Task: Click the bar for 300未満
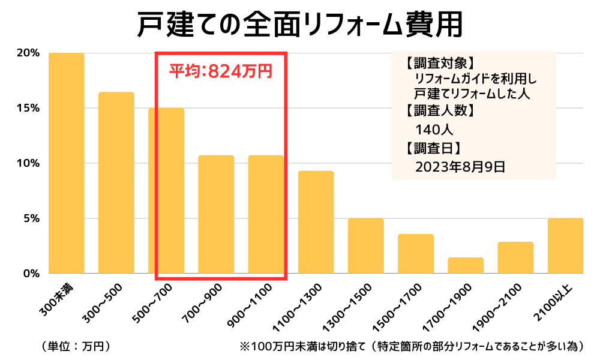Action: pyautogui.click(x=67, y=163)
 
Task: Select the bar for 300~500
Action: pyautogui.click(x=116, y=183)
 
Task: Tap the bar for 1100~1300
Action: pyautogui.click(x=316, y=223)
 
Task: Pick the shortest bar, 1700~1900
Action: pyautogui.click(x=465, y=266)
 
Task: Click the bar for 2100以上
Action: pyautogui.click(x=565, y=246)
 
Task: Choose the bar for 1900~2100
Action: pyautogui.click(x=515, y=258)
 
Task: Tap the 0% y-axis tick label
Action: pyautogui.click(x=31, y=274)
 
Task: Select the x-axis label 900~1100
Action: pyautogui.click(x=252, y=306)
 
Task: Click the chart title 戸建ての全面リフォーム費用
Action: pyautogui.click(x=299, y=25)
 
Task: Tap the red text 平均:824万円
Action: pyautogui.click(x=220, y=71)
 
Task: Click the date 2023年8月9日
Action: pyautogui.click(x=460, y=167)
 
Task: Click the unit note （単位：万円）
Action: pyautogui.click(x=75, y=346)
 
